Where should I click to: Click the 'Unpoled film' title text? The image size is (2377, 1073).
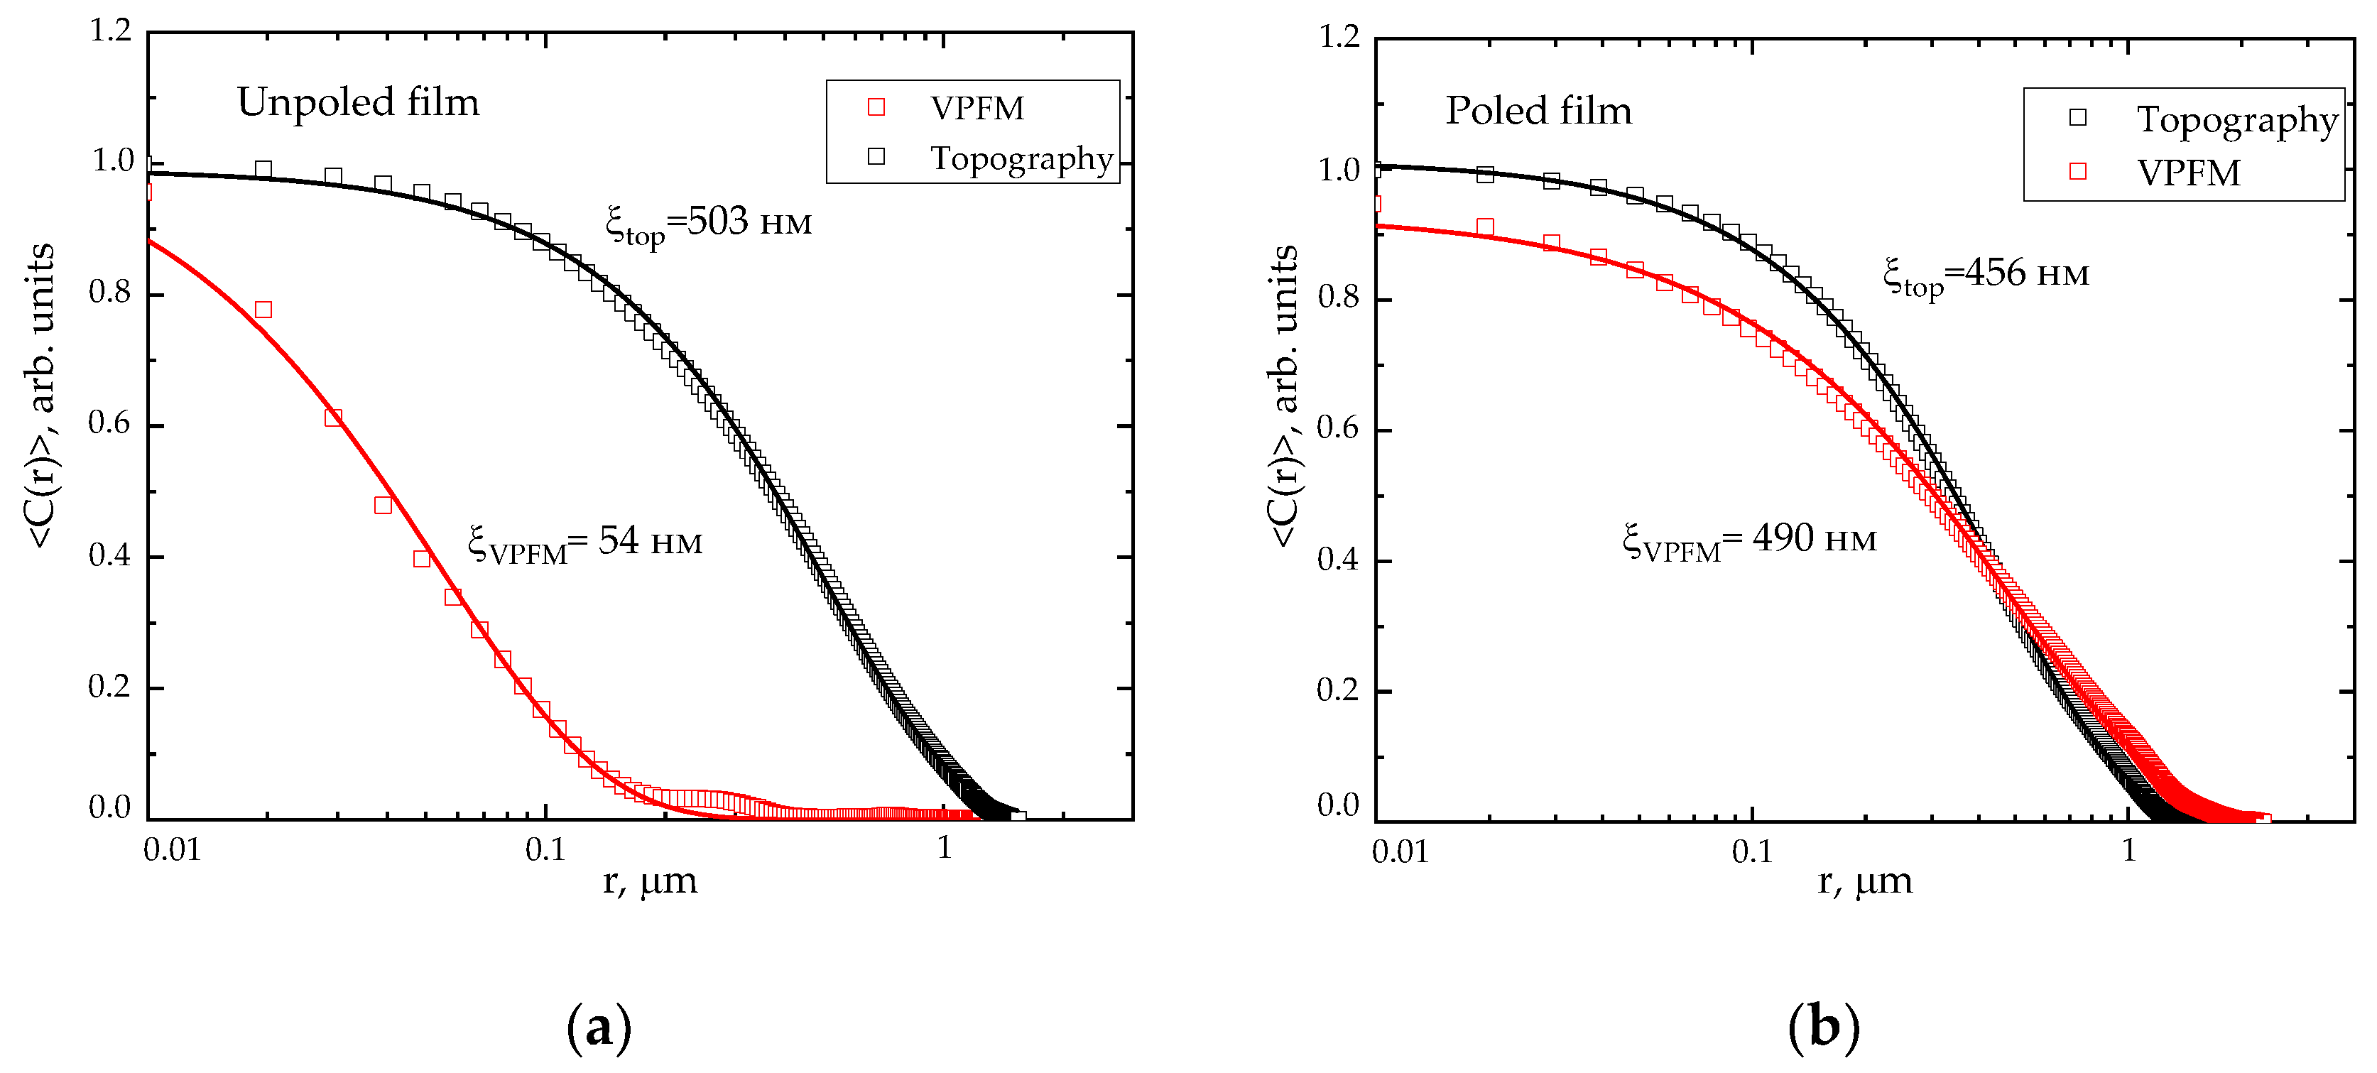pos(358,102)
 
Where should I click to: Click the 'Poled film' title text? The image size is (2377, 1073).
pos(1538,110)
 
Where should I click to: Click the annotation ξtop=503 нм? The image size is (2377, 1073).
pos(708,222)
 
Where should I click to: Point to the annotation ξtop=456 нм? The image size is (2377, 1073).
pos(1986,274)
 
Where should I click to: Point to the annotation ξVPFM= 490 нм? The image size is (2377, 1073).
pos(1749,539)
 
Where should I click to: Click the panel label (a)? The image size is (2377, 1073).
pos(599,1027)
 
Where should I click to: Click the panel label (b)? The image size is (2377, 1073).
pos(1823,1027)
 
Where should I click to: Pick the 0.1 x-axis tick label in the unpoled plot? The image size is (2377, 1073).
pos(545,849)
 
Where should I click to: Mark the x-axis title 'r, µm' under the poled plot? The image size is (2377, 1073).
pos(1864,881)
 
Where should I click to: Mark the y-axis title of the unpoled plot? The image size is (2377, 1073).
pos(41,397)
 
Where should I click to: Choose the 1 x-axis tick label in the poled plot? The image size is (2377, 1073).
pos(2128,850)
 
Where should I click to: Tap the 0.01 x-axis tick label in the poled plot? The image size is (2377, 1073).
pos(1400,851)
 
